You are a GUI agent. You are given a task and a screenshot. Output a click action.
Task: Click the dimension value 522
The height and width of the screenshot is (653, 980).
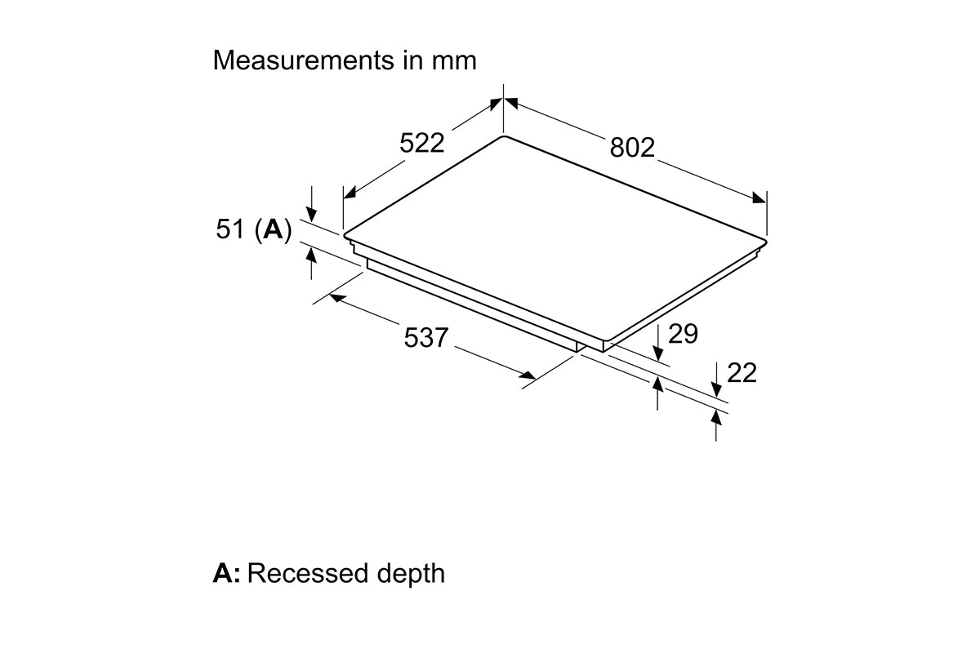point(421,143)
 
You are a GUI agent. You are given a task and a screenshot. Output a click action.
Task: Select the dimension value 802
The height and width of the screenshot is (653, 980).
point(632,148)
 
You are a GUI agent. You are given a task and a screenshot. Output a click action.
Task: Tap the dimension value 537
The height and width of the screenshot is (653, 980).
point(425,338)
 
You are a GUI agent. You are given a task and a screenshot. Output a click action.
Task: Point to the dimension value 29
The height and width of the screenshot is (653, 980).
point(683,334)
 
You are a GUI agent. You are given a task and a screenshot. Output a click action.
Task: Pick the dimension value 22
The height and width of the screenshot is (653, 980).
point(742,373)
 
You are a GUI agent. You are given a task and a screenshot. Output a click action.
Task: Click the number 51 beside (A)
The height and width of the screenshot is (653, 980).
point(229,229)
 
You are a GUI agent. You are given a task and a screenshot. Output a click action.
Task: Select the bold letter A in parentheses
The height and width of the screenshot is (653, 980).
point(274,229)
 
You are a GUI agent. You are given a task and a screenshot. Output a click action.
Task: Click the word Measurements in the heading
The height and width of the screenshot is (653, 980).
point(304,60)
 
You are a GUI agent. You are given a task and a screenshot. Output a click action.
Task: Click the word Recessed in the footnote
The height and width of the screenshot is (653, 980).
point(308,573)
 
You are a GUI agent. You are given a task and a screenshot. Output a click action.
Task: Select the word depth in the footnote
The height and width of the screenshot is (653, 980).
point(411,575)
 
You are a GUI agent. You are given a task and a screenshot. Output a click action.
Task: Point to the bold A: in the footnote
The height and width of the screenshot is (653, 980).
point(227,573)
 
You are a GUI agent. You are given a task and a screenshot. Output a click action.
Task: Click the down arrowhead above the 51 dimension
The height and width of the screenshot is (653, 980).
point(311,215)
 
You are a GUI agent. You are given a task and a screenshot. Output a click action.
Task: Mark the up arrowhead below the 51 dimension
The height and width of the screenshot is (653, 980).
point(311,255)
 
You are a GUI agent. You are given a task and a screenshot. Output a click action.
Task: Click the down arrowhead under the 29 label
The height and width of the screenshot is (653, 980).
point(657,353)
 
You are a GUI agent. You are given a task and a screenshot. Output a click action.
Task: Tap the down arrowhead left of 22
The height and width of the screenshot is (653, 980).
point(716,389)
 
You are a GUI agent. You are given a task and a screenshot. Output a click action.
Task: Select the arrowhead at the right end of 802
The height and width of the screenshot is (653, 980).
point(759,198)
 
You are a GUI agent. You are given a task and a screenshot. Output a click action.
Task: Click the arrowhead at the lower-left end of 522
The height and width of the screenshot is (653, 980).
point(350,193)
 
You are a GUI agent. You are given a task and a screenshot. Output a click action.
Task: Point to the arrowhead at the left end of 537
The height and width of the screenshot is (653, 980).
point(337,298)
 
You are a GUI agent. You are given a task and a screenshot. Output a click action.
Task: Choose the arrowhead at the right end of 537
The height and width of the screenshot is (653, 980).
point(528,375)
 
